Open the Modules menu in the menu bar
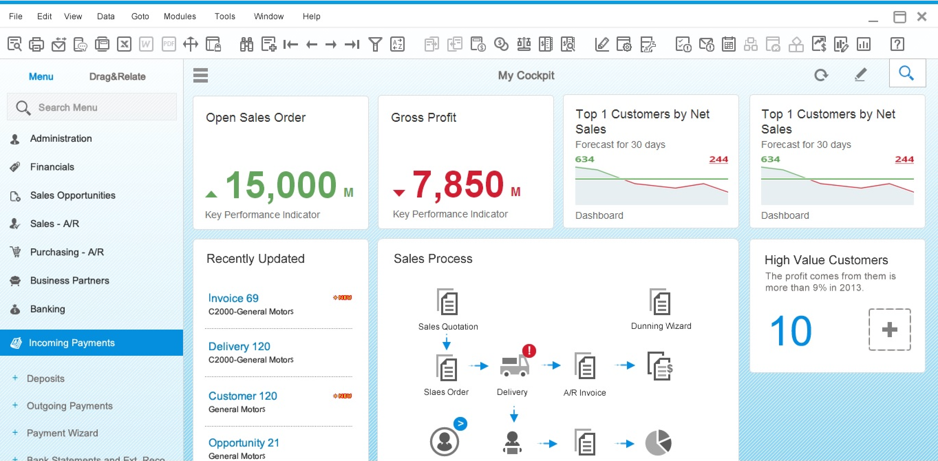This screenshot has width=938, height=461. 180,17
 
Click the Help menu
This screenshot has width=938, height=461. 311,17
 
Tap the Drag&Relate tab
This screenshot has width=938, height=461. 117,76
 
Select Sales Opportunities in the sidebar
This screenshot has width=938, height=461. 73,195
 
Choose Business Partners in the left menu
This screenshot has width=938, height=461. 70,281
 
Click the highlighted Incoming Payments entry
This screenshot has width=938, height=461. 72,343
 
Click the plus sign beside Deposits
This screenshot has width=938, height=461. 15,378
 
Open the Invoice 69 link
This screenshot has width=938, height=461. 233,298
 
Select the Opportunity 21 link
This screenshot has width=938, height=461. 244,443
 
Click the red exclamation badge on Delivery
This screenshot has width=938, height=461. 529,351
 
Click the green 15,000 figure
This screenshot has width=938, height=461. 281,185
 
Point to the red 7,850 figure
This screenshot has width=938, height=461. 458,185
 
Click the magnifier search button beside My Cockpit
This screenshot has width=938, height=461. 907,74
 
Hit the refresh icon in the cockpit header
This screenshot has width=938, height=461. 821,75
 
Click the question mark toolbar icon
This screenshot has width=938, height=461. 897,44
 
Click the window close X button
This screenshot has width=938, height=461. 922,17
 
